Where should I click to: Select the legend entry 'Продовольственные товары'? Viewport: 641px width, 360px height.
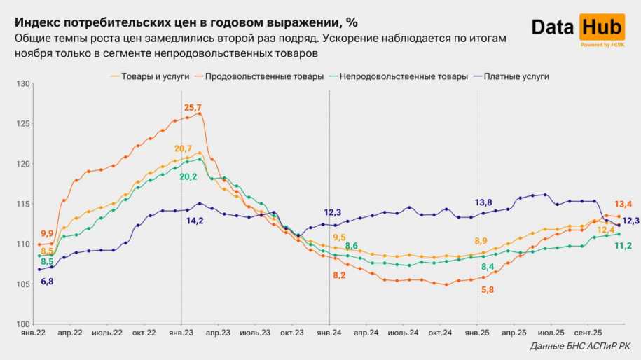coord(263,76)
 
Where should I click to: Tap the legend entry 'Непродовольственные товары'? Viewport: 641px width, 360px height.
coord(403,76)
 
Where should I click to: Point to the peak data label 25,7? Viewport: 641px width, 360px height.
coord(193,107)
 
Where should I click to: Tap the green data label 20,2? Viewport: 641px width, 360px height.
coord(188,176)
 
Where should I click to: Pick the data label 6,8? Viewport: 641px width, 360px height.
coord(47,281)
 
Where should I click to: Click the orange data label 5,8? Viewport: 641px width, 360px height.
coord(488,289)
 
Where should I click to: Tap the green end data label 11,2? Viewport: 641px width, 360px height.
coord(622,245)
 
